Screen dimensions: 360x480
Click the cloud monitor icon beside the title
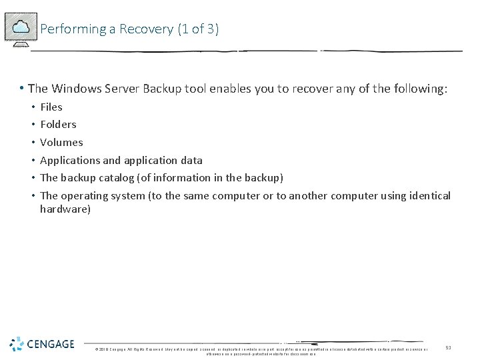pyautogui.click(x=21, y=28)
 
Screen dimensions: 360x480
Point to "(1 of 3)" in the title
pyautogui.click(x=198, y=29)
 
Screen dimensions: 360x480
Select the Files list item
pyautogui.click(x=51, y=107)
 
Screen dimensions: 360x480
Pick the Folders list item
pyautogui.click(x=58, y=124)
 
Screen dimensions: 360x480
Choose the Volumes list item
pyautogui.click(x=61, y=142)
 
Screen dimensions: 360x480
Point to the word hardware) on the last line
pyautogui.click(x=65, y=209)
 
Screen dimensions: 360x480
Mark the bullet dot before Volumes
pyautogui.click(x=32, y=142)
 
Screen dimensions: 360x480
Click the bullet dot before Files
pyautogui.click(x=32, y=107)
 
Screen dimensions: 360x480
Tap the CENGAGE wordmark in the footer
pyautogui.click(x=51, y=344)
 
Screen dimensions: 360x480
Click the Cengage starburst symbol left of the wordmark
pyautogui.click(x=17, y=344)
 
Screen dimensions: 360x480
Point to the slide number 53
pyautogui.click(x=449, y=348)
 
